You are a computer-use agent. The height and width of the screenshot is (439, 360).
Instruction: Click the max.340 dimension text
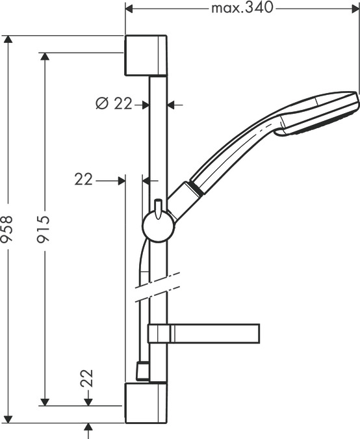[242, 8]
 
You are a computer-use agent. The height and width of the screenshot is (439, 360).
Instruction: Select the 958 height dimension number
[8, 229]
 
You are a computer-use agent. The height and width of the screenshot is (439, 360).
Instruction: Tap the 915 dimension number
[45, 229]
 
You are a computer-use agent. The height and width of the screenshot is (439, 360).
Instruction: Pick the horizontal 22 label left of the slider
[83, 180]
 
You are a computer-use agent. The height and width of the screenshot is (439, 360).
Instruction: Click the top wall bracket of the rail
[146, 56]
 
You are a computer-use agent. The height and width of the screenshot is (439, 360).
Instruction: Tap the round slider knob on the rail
[157, 227]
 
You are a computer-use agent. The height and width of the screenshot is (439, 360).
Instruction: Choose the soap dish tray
[214, 332]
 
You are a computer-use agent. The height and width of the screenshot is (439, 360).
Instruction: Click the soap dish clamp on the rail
[159, 332]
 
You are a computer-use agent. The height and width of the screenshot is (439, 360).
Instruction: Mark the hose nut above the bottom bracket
[140, 371]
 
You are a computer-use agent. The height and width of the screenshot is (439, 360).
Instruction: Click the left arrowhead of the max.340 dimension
[129, 8]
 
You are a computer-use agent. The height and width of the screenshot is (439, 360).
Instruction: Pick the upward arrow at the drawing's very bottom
[89, 427]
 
